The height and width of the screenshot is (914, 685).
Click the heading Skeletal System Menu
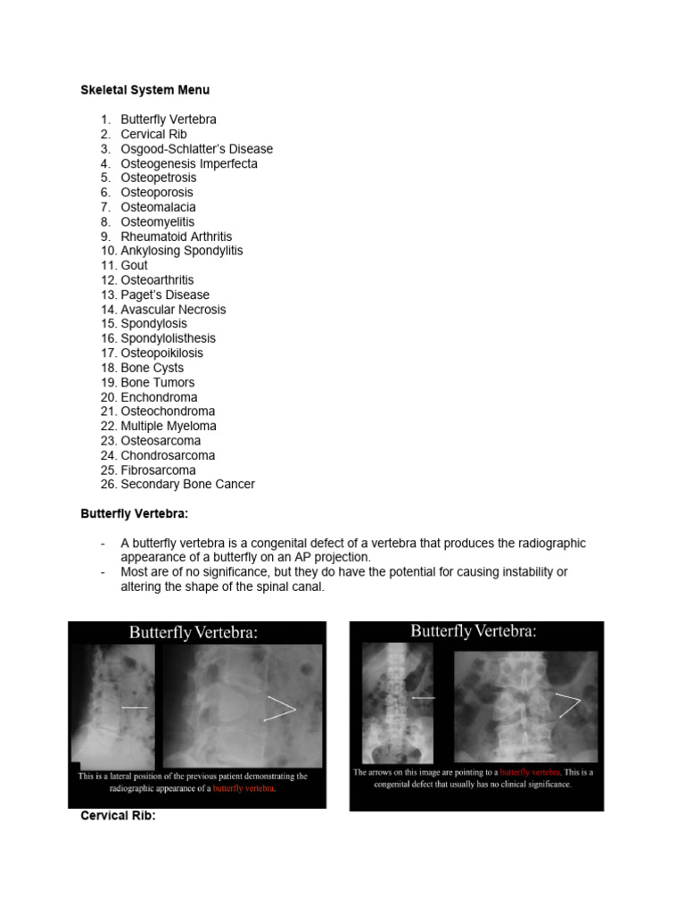click(x=144, y=90)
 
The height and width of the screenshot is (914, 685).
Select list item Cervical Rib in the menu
click(x=153, y=134)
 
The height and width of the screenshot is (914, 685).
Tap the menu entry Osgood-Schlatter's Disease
click(x=196, y=149)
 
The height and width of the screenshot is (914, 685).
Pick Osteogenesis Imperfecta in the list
click(x=188, y=163)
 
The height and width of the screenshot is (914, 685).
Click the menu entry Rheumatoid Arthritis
click(x=176, y=237)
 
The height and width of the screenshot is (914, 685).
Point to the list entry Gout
click(x=134, y=265)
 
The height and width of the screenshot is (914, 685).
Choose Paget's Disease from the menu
click(x=165, y=295)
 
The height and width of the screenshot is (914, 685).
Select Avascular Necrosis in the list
click(x=173, y=310)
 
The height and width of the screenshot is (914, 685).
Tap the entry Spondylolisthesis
click(x=168, y=338)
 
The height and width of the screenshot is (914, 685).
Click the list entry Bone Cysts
click(x=152, y=368)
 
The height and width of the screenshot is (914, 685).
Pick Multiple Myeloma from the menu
click(x=168, y=426)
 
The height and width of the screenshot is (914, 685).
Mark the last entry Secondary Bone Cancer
click(x=187, y=485)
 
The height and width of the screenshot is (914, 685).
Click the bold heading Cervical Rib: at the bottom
click(x=118, y=816)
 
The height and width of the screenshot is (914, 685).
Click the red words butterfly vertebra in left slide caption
click(x=243, y=789)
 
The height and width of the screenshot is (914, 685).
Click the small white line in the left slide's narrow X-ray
click(x=135, y=707)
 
